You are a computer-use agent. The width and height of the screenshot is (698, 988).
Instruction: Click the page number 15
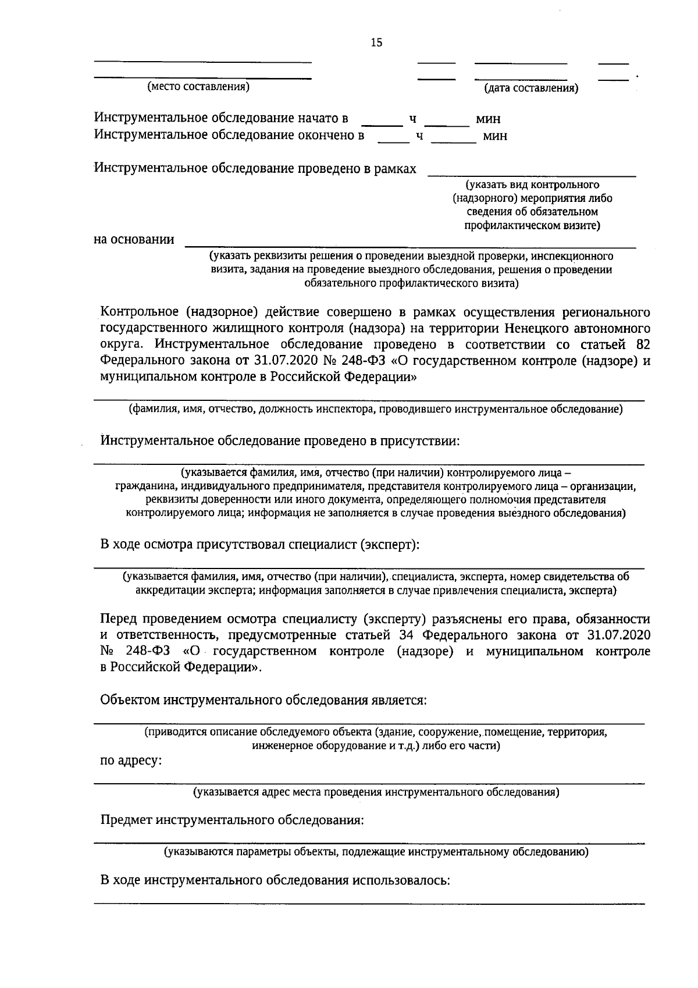point(376,42)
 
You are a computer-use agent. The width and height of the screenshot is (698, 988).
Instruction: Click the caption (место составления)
point(198,87)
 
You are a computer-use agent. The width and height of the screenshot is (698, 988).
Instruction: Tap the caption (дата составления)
point(531,88)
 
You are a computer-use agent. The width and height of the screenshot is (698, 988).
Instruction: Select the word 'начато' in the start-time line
point(316,118)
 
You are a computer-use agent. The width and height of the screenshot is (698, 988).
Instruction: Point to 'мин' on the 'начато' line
point(488,119)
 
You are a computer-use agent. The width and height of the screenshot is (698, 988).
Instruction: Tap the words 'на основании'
point(134,239)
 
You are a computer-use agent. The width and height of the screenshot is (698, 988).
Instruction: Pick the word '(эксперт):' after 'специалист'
point(390,545)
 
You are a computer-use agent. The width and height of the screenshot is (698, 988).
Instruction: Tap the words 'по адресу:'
point(131,760)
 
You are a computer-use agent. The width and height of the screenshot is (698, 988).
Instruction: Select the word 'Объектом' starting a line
point(130,699)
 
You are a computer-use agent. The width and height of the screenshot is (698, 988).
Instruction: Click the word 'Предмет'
point(126,820)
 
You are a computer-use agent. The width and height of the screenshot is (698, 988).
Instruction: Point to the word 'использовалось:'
point(401,880)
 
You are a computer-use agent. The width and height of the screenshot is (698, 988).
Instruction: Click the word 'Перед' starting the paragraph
point(119,618)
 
